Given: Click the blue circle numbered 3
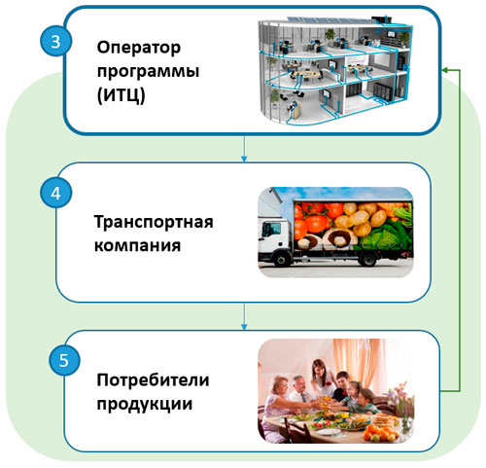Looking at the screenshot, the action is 55,42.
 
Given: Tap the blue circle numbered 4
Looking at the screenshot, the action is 55,193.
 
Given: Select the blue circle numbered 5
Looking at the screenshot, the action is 64,360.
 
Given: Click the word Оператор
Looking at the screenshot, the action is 139,49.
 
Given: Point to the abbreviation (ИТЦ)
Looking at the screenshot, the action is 121,95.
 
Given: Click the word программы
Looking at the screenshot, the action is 148,72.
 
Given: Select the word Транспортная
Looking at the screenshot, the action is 154,223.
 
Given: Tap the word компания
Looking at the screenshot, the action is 137,245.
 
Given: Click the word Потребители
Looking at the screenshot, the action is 153,379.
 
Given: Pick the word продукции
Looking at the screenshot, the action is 145,405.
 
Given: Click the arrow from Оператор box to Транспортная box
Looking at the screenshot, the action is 244,149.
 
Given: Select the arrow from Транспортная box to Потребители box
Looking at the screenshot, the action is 244,316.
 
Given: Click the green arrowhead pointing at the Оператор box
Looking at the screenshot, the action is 445,70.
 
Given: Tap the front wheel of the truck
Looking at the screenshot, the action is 281,259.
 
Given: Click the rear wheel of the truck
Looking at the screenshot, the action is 367,259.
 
